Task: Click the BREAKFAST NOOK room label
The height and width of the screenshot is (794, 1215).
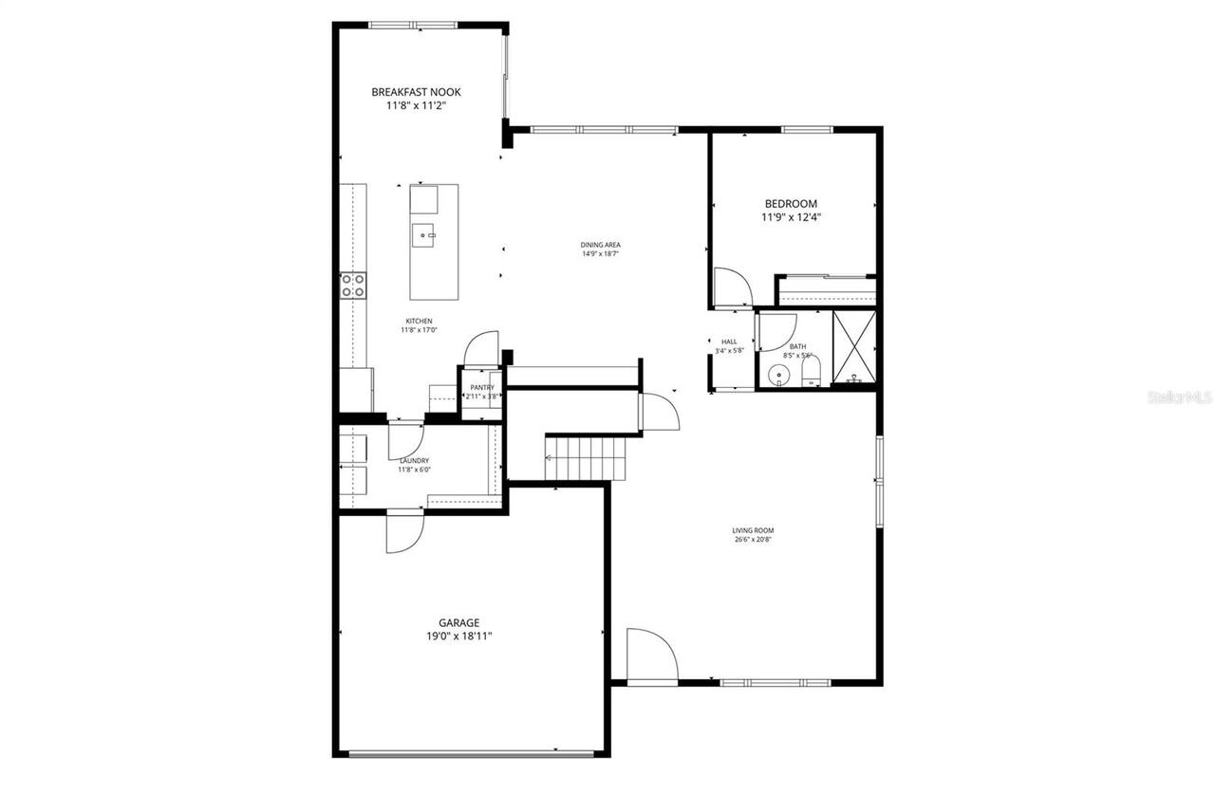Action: (x=416, y=92)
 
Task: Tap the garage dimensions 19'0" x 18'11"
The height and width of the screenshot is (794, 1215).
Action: (x=458, y=637)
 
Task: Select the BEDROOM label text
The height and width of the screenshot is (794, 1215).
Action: (x=791, y=203)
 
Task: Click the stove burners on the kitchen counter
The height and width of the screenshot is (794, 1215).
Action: (x=353, y=286)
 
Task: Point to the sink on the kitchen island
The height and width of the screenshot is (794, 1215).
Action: (x=423, y=234)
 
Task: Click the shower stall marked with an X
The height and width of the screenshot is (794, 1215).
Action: (x=853, y=347)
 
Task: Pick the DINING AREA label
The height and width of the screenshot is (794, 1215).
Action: (x=601, y=245)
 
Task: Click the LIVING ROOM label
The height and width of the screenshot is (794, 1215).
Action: (x=753, y=530)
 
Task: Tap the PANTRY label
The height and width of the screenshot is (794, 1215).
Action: (x=482, y=387)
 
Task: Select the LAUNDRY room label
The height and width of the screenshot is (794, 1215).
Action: (x=414, y=461)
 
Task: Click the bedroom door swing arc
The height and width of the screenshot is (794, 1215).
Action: (x=732, y=288)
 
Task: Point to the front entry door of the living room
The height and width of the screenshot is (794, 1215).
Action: (x=651, y=655)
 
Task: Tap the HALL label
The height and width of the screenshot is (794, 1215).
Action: (x=729, y=342)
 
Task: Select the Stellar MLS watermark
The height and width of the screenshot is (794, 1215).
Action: (x=1179, y=397)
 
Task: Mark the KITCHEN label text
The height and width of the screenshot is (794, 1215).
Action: (x=419, y=322)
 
